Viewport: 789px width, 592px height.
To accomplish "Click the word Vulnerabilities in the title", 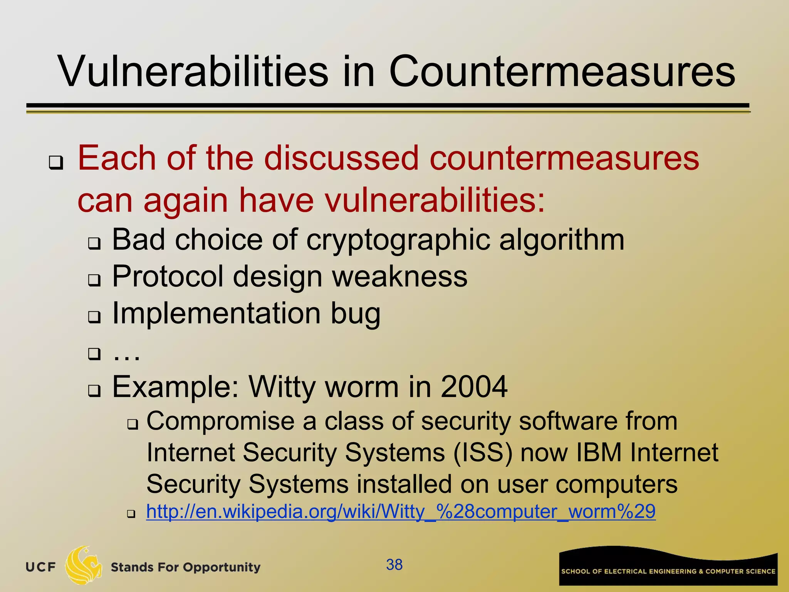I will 193,72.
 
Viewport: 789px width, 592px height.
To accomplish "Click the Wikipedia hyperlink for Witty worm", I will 401,512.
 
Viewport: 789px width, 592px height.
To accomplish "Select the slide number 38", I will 394,565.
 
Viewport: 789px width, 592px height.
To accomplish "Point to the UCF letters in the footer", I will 41,567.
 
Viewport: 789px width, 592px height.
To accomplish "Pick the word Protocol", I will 168,276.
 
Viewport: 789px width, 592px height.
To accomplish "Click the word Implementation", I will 216,313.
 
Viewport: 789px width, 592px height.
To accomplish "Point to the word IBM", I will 599,452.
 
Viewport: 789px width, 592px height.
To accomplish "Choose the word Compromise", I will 220,421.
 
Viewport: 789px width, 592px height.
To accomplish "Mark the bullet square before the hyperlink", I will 131,514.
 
